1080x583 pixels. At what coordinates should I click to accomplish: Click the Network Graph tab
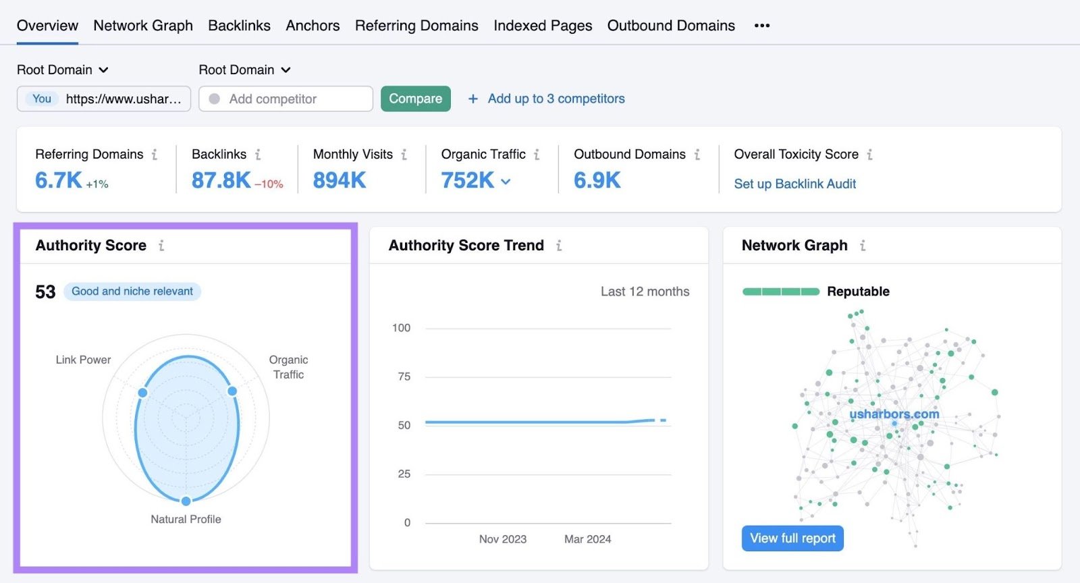point(143,26)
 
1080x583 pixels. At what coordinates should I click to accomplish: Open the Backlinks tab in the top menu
point(239,26)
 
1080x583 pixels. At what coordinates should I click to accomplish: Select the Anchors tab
point(313,26)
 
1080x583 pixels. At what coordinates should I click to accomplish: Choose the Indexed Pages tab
point(543,26)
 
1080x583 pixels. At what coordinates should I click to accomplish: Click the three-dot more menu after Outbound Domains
point(762,26)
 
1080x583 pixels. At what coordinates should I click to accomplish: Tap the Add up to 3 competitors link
point(556,99)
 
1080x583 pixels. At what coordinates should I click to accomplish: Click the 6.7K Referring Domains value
point(59,180)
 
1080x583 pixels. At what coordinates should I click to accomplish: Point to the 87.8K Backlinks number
point(221,180)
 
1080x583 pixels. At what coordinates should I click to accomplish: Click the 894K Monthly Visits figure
point(340,180)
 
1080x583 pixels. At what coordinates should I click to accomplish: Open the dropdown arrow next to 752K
point(506,182)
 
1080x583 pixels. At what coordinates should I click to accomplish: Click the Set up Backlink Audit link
point(794,184)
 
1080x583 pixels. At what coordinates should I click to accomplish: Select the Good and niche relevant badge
point(132,291)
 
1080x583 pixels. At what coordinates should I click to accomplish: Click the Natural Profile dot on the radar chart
point(186,501)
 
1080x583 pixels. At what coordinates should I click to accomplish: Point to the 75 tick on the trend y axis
point(404,377)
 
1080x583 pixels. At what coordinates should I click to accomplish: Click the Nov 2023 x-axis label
point(503,539)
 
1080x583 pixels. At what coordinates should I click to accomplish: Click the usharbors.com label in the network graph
point(894,414)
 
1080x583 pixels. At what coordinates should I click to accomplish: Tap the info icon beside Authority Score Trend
point(559,246)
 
